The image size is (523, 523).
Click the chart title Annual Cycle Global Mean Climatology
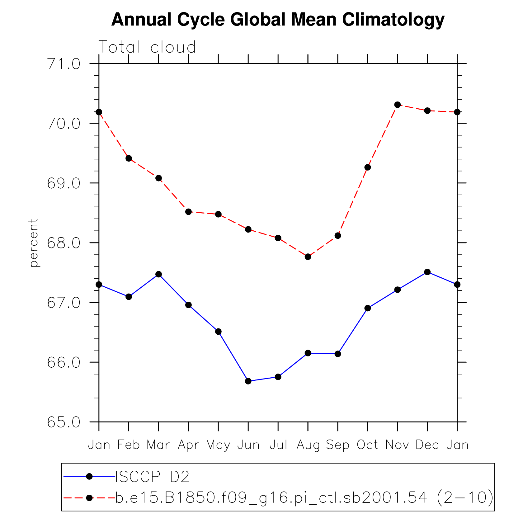[x=278, y=20]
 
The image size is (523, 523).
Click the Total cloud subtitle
[x=147, y=47]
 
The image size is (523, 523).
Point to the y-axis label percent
[x=34, y=243]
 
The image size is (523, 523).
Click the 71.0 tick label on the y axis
[x=64, y=64]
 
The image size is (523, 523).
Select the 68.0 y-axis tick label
[x=64, y=243]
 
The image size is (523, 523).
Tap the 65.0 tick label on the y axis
[x=64, y=422]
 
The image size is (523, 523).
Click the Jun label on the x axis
[x=248, y=445]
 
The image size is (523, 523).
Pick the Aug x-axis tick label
[x=308, y=445]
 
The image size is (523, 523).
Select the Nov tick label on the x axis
[x=397, y=445]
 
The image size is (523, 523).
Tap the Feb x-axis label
[x=129, y=445]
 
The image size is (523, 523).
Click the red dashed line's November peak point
[x=397, y=105]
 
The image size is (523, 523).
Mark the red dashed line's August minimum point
[x=308, y=257]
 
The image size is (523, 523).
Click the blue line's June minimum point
[x=248, y=381]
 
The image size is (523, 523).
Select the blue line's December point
[x=427, y=272]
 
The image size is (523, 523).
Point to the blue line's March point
[x=158, y=274]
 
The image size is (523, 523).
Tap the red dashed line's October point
[x=368, y=167]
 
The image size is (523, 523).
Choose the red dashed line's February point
[x=129, y=158]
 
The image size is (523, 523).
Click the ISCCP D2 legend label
[x=153, y=477]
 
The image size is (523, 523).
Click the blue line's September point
[x=338, y=354]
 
